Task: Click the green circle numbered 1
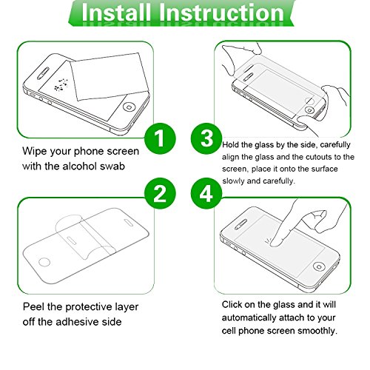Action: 160,138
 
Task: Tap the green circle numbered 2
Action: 160,193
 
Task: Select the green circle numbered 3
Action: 206,138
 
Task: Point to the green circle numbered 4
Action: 206,193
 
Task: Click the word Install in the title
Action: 116,13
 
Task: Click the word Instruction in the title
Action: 221,13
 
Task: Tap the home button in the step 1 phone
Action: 129,107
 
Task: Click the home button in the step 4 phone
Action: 319,266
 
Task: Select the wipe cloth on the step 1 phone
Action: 110,76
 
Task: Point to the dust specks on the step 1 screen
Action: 61,84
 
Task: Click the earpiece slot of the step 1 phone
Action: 42,73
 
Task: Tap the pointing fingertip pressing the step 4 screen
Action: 275,243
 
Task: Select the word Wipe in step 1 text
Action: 34,151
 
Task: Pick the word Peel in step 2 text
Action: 33,307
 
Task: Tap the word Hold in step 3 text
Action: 230,145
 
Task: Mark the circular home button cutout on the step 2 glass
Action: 44,262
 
